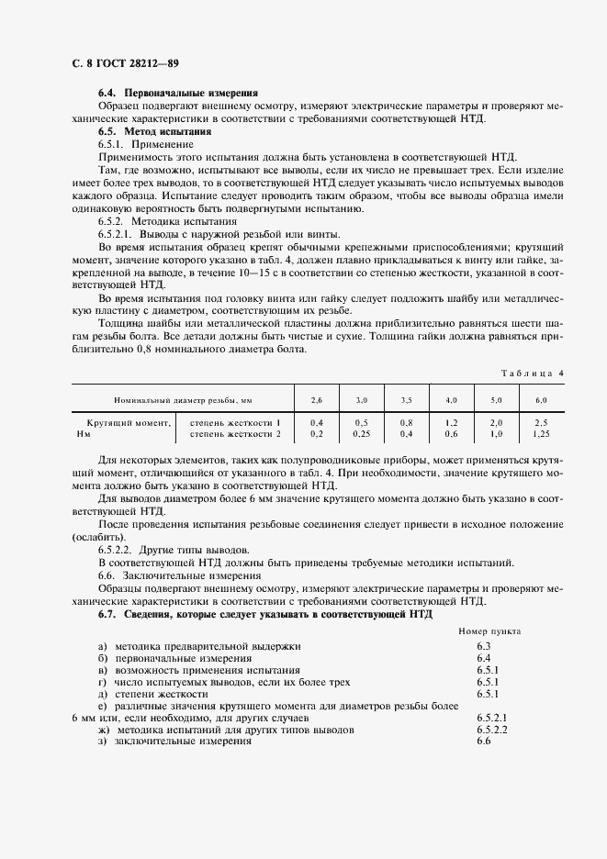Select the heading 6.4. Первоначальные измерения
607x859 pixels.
177,94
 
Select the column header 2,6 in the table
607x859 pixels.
316,401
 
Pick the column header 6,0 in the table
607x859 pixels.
541,401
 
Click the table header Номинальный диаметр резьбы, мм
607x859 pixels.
183,401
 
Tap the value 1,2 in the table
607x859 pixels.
451,422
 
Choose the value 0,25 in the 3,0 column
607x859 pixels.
361,433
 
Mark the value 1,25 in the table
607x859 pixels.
541,433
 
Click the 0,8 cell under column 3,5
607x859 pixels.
406,422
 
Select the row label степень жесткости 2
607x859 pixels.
234,433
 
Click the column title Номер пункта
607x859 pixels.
489,632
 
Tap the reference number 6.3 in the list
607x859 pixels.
484,646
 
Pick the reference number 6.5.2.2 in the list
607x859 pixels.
492,729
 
